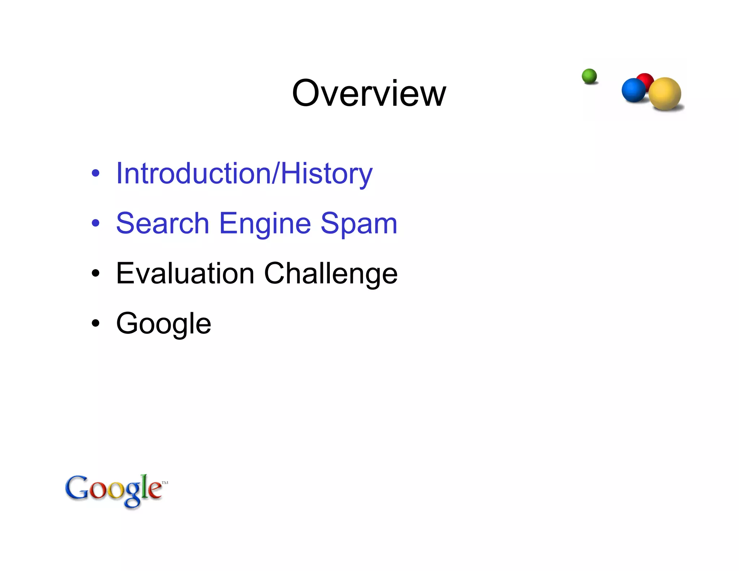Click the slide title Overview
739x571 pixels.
[369, 93]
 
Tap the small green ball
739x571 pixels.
[589, 76]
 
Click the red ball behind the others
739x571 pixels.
[646, 79]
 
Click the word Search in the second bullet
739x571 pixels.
[162, 223]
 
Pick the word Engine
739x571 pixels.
[265, 224]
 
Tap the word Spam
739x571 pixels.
[359, 224]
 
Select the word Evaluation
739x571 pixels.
[185, 273]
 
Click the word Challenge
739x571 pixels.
[331, 274]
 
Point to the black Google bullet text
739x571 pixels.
[163, 324]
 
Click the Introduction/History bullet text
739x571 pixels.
[244, 174]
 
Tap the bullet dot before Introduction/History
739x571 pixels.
[95, 173]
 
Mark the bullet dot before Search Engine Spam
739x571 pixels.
[95, 223]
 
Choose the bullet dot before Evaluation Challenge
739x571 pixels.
[95, 273]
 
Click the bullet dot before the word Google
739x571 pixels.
[95, 323]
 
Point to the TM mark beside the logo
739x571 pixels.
[165, 483]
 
